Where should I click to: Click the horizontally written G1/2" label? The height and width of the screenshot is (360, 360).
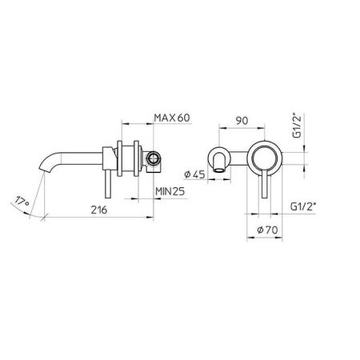[304, 206]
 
